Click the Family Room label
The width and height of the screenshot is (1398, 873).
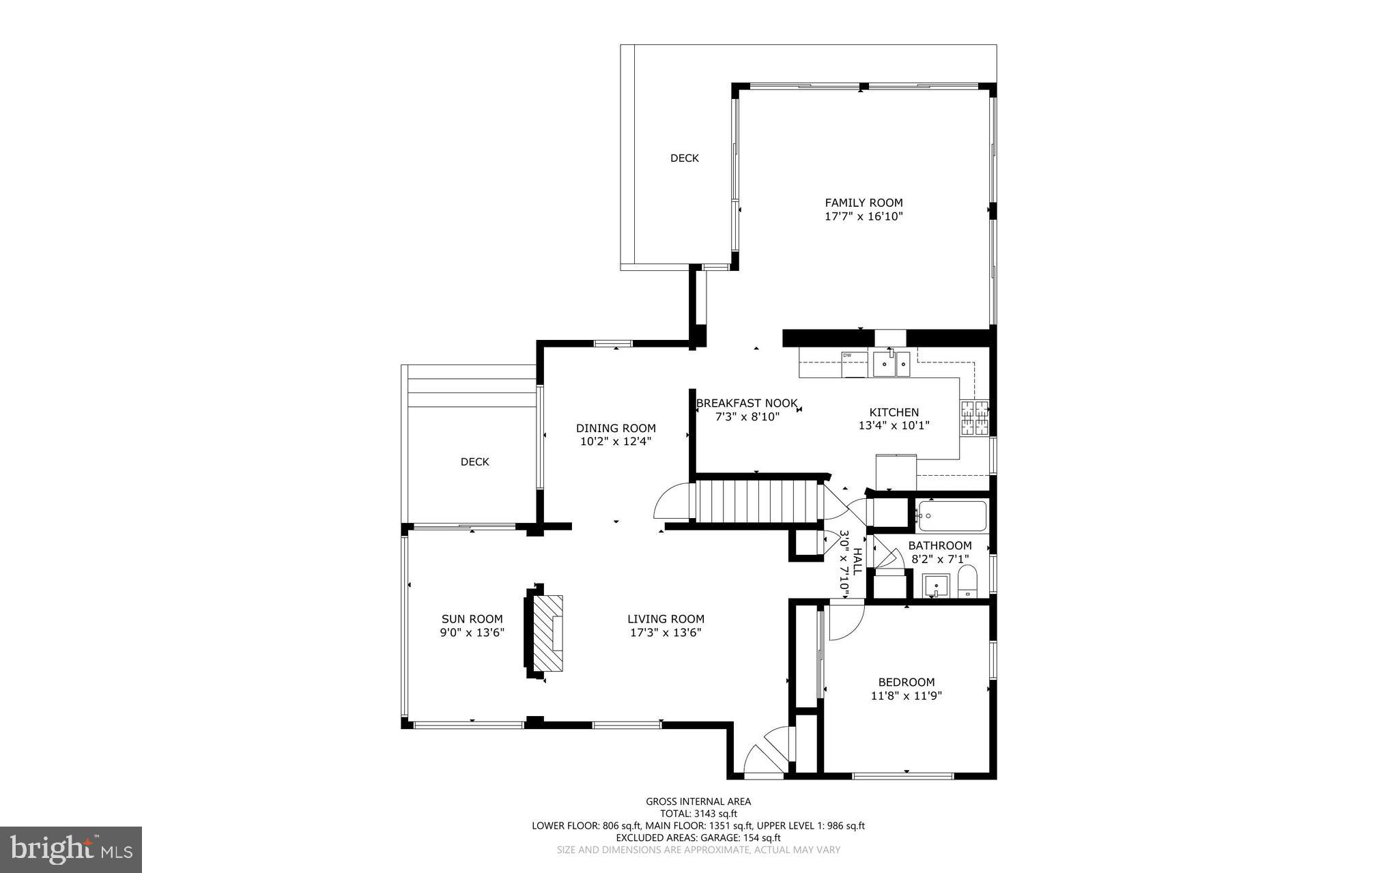pyautogui.click(x=864, y=203)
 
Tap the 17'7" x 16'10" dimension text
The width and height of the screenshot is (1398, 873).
pyautogui.click(x=864, y=217)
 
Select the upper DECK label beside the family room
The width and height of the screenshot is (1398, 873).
pyautogui.click(x=684, y=158)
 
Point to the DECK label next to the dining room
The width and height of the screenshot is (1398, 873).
pyautogui.click(x=474, y=462)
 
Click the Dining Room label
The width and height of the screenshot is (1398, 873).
pyautogui.click(x=616, y=429)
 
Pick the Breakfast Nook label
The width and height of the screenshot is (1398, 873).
pyautogui.click(x=747, y=403)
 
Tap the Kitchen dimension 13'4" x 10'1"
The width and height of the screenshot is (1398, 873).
pyautogui.click(x=894, y=425)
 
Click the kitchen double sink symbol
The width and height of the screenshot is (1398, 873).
pyautogui.click(x=891, y=364)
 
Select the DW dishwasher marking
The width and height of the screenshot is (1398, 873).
pyautogui.click(x=847, y=355)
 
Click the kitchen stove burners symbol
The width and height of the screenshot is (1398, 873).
pyautogui.click(x=974, y=418)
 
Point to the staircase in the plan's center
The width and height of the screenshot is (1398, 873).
pyautogui.click(x=756, y=502)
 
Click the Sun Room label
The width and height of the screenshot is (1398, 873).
pyautogui.click(x=472, y=619)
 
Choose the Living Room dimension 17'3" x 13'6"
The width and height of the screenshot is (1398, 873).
pyautogui.click(x=666, y=633)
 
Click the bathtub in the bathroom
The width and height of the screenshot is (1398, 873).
pyautogui.click(x=952, y=517)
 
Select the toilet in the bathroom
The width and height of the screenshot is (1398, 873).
pyautogui.click(x=967, y=583)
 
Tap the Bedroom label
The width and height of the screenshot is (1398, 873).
pyautogui.click(x=906, y=682)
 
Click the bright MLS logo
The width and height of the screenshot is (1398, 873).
pyautogui.click(x=71, y=849)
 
